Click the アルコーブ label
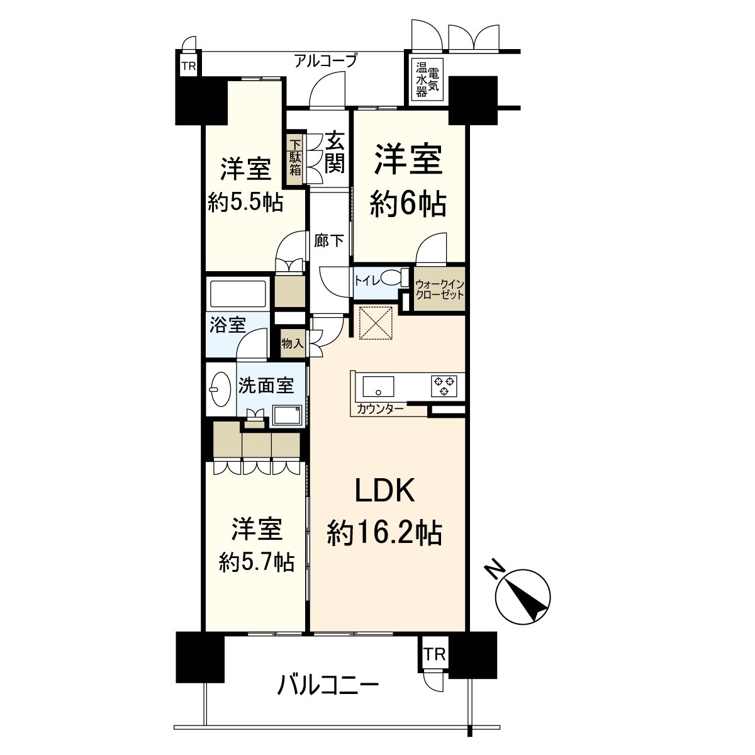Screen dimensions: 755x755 (x=325, y=61)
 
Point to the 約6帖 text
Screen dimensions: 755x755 (x=408, y=204)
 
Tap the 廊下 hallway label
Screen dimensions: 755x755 (x=329, y=240)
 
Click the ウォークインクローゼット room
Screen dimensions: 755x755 (x=440, y=289)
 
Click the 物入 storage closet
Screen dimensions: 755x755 (x=293, y=343)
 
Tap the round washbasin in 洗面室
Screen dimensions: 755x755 (x=220, y=389)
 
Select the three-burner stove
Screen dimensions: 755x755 (x=444, y=386)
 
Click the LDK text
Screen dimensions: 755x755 (x=385, y=491)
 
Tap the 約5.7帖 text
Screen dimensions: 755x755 (x=257, y=561)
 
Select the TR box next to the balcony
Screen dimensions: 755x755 (x=434, y=654)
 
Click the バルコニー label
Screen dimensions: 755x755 (x=328, y=684)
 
